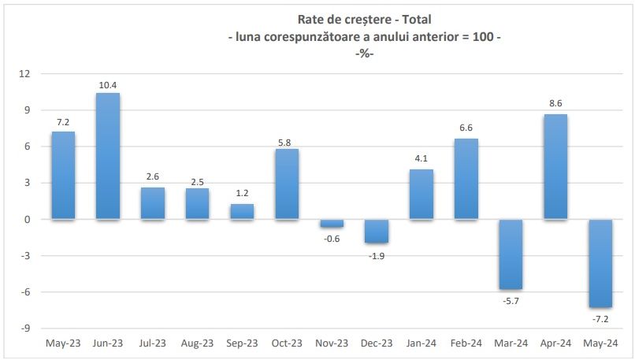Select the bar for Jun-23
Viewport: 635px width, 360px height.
(108, 156)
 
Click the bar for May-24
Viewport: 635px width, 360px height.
(600, 263)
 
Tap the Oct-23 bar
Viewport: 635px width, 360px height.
(288, 184)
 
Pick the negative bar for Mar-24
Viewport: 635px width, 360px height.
(511, 254)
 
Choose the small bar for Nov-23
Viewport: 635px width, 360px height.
(332, 223)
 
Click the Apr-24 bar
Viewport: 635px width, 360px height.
(555, 167)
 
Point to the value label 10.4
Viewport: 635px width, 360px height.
(108, 85)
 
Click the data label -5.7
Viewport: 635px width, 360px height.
(511, 299)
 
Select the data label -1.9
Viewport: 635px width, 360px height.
(377, 254)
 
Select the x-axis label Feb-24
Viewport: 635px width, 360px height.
(466, 343)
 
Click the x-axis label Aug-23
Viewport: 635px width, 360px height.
(197, 343)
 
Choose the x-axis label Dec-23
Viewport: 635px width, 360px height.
(377, 343)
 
